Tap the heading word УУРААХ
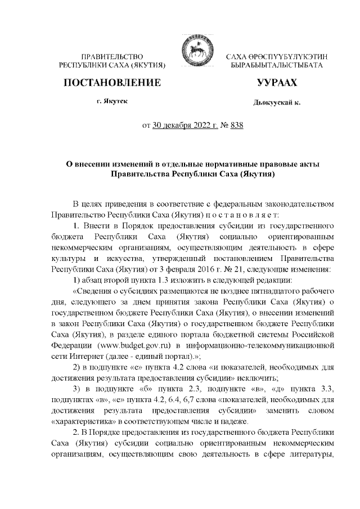[x=276, y=83]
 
